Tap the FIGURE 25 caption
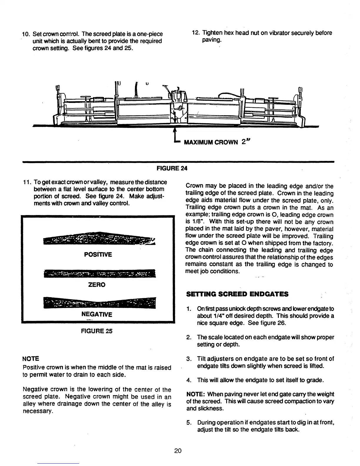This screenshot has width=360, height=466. pos(96,331)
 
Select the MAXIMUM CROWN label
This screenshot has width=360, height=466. pos(211,143)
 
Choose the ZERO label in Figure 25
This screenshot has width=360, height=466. pos(97,285)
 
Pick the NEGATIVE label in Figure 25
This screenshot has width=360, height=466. pos(97,314)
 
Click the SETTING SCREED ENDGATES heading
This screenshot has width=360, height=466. pos(237,294)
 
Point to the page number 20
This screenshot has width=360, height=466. pos(178,451)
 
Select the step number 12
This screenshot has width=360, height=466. pos(196,33)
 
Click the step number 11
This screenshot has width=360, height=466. pos(26,182)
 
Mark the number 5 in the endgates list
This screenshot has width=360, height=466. pos(189,423)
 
